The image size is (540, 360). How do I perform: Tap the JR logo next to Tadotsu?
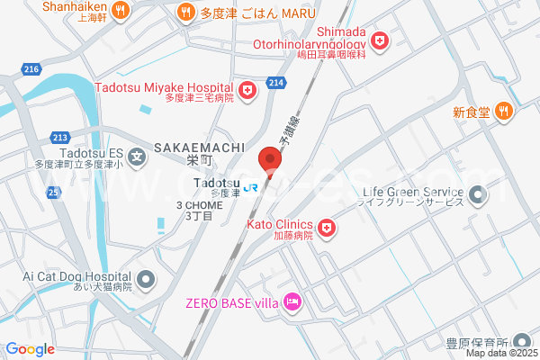point(251,187)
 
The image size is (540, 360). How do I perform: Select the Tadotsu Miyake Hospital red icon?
point(247,91)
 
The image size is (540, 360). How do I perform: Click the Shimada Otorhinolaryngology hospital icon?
point(381,40)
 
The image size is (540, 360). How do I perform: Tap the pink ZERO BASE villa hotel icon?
point(292,301)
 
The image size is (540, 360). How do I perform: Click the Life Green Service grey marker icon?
point(477,193)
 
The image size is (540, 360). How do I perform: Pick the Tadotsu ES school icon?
point(137,157)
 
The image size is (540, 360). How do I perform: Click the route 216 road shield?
point(32,69)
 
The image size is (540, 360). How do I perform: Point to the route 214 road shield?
point(277,83)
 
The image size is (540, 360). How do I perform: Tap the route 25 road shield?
point(54,192)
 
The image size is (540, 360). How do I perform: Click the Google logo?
point(30,349)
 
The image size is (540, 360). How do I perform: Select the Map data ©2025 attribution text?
point(500,352)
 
